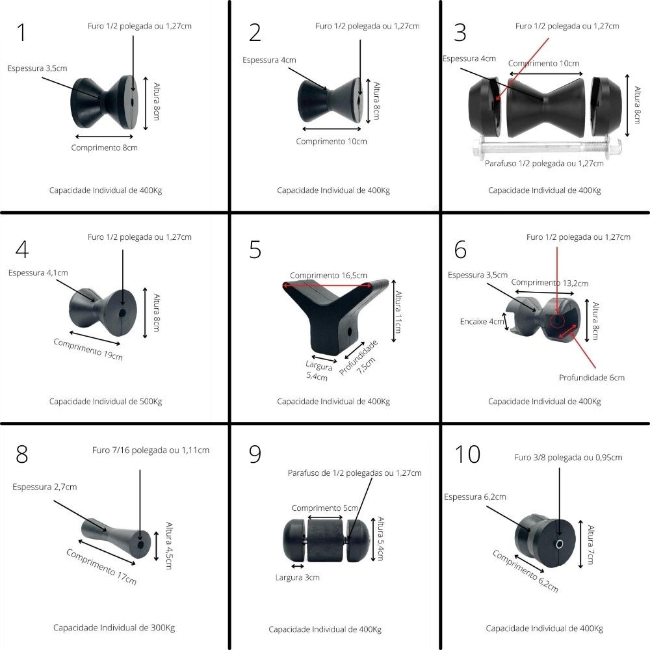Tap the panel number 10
coord(468,454)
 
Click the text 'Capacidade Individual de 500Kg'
coord(105,401)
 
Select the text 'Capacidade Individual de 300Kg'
coord(114,627)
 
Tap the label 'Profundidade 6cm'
coord(591,378)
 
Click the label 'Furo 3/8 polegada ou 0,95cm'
coord(568,458)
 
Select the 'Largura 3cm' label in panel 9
coord(297,577)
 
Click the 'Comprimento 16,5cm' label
coord(328,275)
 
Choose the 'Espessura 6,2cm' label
coord(474,497)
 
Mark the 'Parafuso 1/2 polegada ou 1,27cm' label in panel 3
coord(544,163)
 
